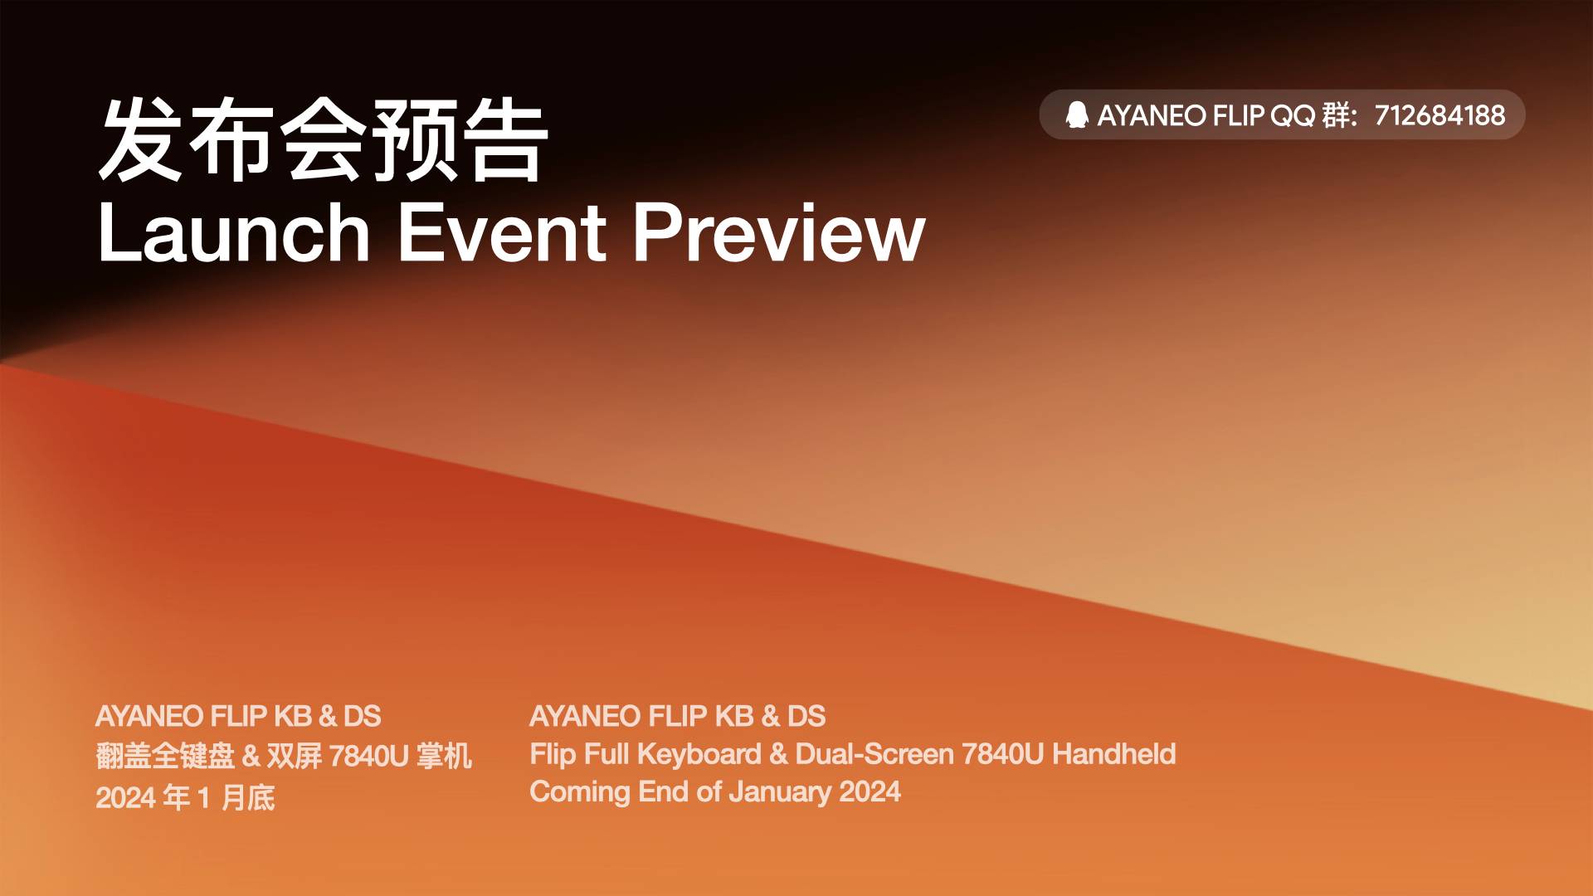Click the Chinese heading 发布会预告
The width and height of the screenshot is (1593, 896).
click(324, 139)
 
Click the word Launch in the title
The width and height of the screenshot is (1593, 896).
click(234, 233)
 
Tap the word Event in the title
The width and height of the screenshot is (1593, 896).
click(502, 233)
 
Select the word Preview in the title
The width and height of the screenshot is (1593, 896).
click(779, 233)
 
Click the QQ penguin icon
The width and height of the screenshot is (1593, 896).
click(1077, 114)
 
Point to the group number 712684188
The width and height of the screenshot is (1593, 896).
click(1440, 115)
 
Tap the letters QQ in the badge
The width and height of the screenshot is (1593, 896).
click(1293, 115)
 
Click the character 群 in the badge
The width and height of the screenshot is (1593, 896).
click(1337, 115)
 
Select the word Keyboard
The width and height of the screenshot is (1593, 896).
click(699, 754)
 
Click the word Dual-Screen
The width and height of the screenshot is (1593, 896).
click(874, 753)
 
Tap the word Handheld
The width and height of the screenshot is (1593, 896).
click(1113, 753)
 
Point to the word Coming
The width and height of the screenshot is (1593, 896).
click(580, 792)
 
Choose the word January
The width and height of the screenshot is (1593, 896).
click(780, 792)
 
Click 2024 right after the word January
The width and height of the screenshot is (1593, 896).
click(870, 791)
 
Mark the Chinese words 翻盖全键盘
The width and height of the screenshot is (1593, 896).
click(165, 756)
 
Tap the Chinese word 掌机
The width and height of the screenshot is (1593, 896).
click(444, 756)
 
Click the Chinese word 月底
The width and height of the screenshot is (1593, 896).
click(248, 797)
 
